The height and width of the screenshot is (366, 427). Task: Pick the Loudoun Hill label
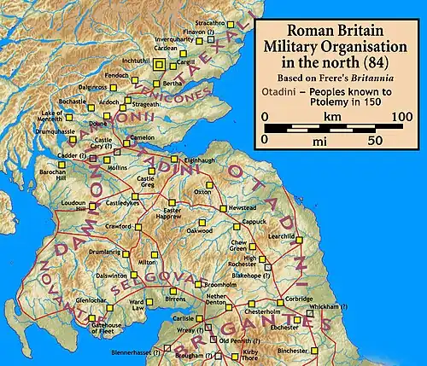click(x=73, y=206)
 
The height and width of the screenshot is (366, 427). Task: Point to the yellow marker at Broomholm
click(x=197, y=283)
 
